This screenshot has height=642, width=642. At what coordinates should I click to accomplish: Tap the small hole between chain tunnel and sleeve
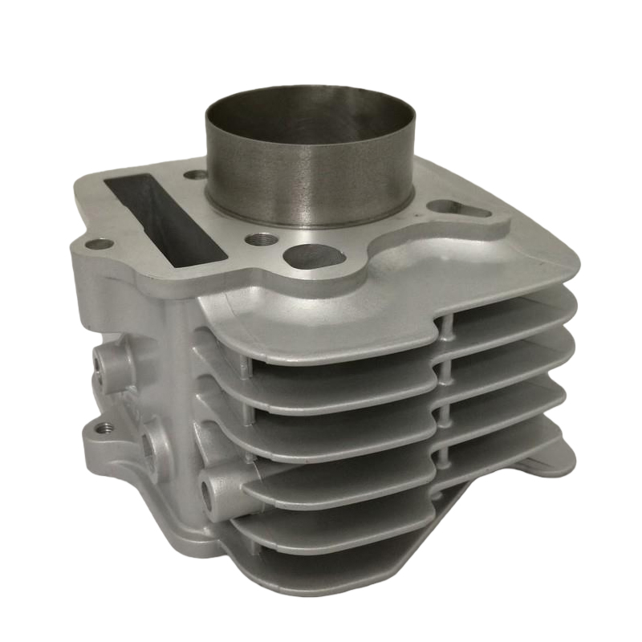pos(195,173)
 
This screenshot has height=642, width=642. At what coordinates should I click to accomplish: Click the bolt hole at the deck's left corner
pos(99,244)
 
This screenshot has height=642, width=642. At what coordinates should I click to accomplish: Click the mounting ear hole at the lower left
pos(100,429)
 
